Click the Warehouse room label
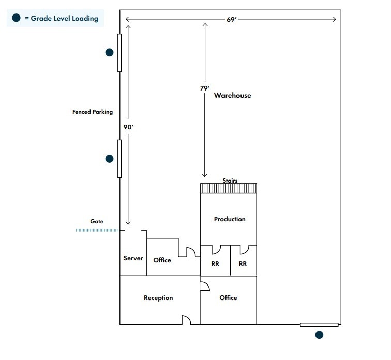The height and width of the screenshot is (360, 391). [x=232, y=95]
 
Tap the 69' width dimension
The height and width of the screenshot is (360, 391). [x=231, y=20]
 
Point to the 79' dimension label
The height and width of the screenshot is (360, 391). [x=205, y=88]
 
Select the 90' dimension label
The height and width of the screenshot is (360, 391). [x=128, y=126]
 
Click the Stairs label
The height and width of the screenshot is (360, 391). [x=230, y=181]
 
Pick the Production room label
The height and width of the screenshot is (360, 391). [x=230, y=219]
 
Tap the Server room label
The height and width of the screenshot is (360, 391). [x=133, y=258]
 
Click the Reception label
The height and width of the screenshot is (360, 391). [x=158, y=298]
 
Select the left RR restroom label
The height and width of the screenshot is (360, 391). [x=215, y=263]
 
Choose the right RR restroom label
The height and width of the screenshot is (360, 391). [x=243, y=263]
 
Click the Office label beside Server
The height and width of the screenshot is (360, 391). [x=162, y=260]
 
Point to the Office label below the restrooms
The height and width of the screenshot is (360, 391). [x=228, y=298]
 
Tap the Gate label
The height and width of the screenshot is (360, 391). [x=97, y=221]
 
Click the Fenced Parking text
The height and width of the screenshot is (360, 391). [x=93, y=112]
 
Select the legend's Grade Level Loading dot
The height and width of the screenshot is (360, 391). [x=17, y=18]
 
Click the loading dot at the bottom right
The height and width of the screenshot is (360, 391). [x=319, y=335]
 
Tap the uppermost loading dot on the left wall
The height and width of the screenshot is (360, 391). [x=109, y=52]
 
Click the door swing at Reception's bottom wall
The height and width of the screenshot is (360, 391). [x=186, y=320]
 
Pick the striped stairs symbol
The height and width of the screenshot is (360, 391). [x=229, y=188]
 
